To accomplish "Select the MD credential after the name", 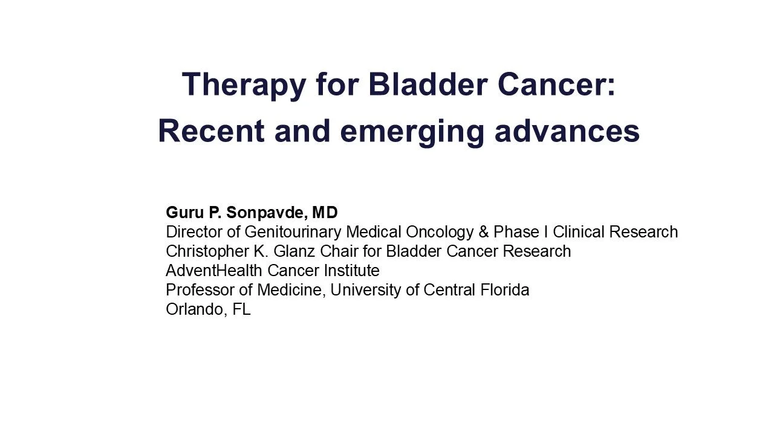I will pyautogui.click(x=326, y=213).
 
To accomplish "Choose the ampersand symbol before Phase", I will pyautogui.click(x=483, y=232).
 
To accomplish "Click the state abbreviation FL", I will pyautogui.click(x=241, y=309).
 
